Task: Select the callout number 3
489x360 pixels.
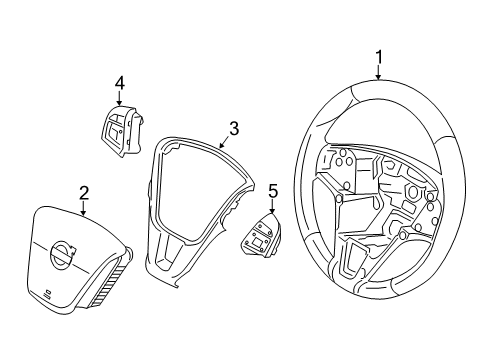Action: pyautogui.click(x=233, y=128)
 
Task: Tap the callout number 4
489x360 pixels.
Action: pyautogui.click(x=118, y=83)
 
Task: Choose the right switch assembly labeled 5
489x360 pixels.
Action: pyautogui.click(x=262, y=240)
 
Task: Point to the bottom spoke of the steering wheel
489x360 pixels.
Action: pyautogui.click(x=355, y=262)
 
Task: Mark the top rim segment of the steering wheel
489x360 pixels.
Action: pyautogui.click(x=380, y=92)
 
